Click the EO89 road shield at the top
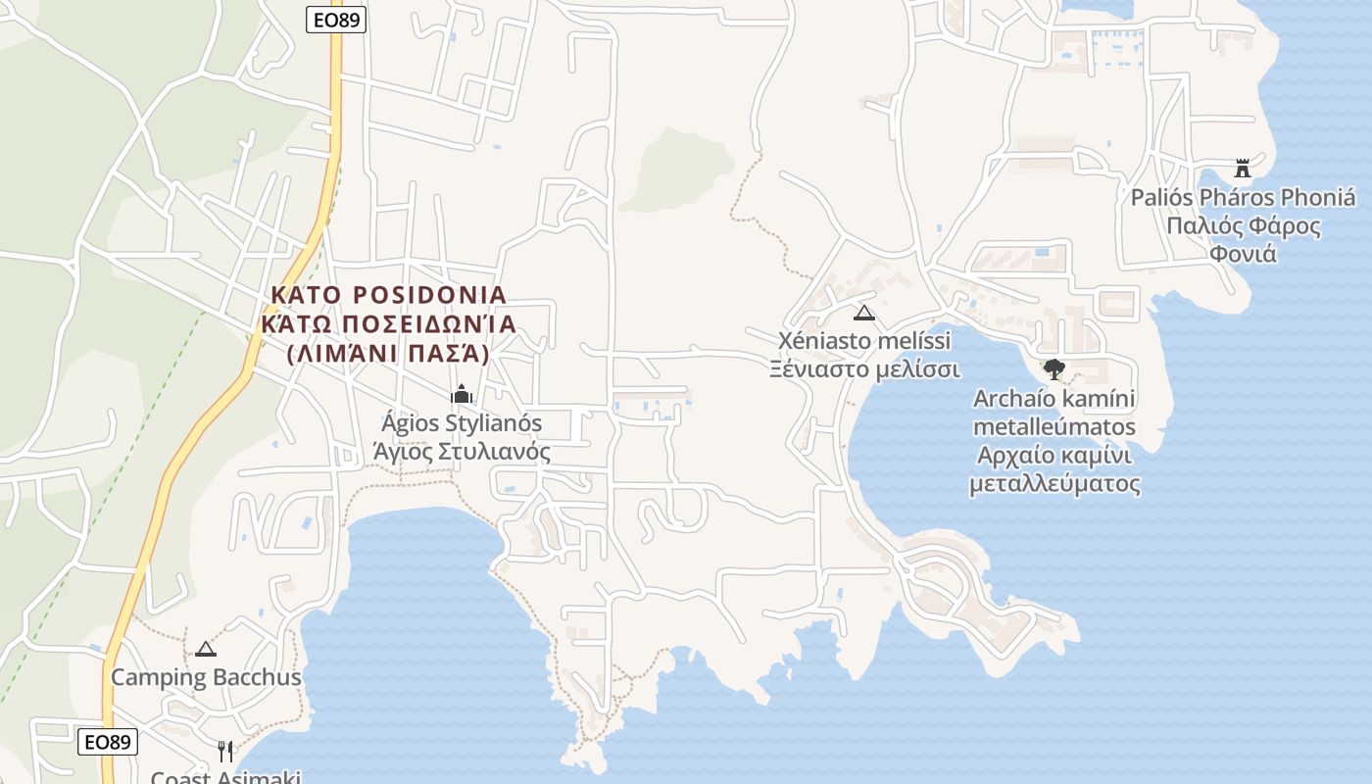[336, 20]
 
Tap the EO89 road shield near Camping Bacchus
[108, 742]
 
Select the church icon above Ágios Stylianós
[462, 395]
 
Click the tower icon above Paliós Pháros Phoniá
[1243, 169]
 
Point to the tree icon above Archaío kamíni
[1054, 369]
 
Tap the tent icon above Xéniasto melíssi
[863, 314]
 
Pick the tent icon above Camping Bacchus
[205, 649]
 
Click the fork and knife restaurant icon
[226, 751]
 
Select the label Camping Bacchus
[206, 677]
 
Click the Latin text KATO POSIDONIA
[388, 295]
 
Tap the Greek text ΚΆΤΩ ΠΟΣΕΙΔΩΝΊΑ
[388, 323]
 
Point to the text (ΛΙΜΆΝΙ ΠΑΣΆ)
[388, 353]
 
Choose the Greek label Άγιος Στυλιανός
[462, 452]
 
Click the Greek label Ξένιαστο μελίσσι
[863, 369]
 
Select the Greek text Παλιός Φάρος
[1243, 226]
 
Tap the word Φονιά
[1243, 255]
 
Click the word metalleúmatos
[1054, 427]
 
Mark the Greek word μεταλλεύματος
[1054, 484]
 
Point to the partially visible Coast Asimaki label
[225, 777]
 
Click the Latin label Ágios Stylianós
[462, 424]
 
